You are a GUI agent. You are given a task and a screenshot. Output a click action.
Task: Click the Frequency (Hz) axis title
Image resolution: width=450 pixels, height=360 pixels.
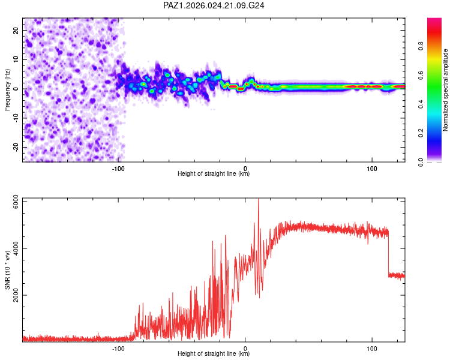(8, 89)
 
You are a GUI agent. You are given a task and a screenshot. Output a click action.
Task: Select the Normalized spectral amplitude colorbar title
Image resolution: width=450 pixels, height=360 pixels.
(446, 89)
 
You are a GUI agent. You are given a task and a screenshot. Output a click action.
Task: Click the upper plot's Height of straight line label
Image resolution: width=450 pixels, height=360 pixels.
(214, 174)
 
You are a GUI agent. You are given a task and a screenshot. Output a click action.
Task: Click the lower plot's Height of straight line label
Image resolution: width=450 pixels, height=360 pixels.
(214, 354)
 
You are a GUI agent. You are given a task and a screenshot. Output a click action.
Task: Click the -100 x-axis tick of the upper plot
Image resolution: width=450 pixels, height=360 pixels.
(118, 167)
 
